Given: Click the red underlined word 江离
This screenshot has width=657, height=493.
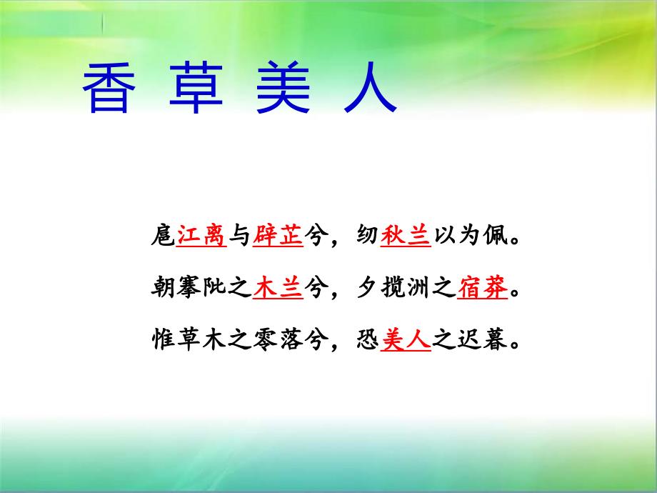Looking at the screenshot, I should coord(201,235).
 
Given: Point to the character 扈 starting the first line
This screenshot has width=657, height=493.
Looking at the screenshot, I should coord(164,235).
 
